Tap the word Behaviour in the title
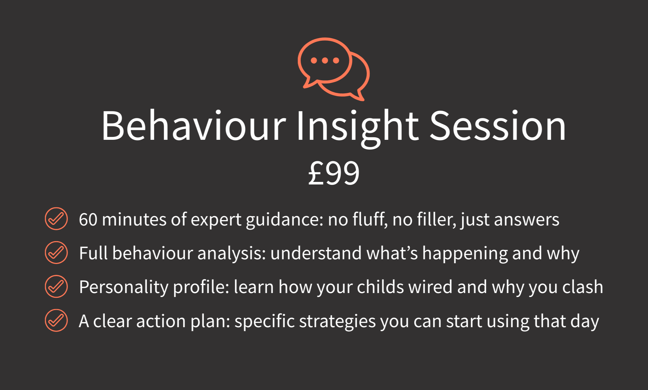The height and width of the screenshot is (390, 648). coord(194,126)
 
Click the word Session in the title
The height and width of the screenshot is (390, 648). coord(498,126)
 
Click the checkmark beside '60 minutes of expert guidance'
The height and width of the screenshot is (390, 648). coord(56,219)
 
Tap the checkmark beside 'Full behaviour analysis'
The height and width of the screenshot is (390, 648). coord(56,252)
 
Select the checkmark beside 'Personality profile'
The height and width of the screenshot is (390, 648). coord(56,286)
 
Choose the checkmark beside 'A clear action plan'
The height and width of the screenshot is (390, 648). coord(56,320)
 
